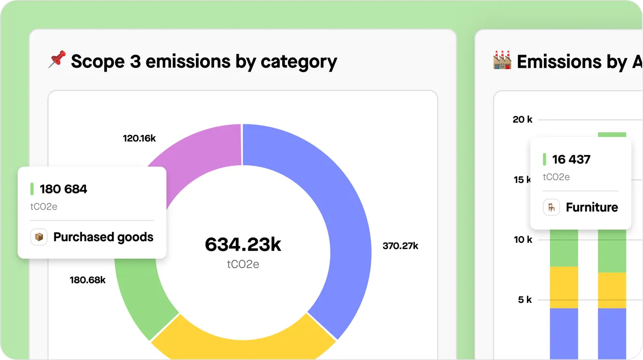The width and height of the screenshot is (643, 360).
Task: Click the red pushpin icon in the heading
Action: click(x=57, y=60)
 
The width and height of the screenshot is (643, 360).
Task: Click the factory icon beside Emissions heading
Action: click(x=502, y=60)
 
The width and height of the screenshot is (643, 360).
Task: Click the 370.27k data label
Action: click(x=400, y=246)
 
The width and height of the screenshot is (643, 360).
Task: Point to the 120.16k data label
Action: click(x=139, y=139)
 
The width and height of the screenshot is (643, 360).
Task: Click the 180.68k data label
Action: click(x=88, y=280)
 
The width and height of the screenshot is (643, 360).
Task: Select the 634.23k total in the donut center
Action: click(x=243, y=244)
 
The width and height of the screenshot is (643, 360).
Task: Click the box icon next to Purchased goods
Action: click(x=39, y=237)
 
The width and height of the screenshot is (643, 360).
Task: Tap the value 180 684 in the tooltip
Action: click(x=63, y=189)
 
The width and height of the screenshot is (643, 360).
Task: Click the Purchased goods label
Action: click(x=103, y=237)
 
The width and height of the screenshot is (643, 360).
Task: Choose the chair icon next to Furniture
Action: click(x=551, y=207)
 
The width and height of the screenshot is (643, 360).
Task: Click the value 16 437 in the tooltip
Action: click(x=571, y=159)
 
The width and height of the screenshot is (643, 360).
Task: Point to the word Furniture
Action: click(x=592, y=207)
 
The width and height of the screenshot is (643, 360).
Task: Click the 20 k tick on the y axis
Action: click(x=522, y=120)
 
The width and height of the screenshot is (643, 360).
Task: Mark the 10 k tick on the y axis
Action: click(x=523, y=240)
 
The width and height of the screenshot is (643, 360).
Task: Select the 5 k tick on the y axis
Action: click(x=525, y=299)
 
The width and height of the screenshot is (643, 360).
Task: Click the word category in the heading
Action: click(x=299, y=61)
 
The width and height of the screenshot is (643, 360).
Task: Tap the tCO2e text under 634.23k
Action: click(x=243, y=264)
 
